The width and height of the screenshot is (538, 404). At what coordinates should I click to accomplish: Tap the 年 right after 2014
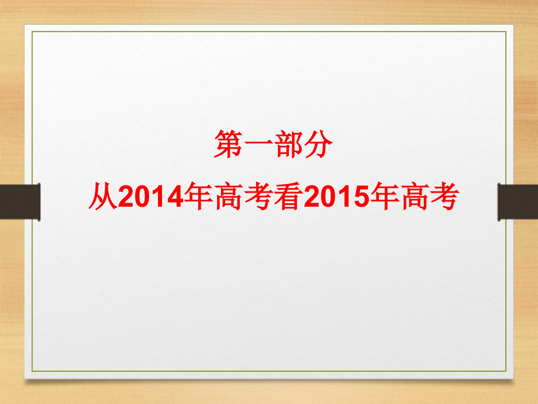[x=197, y=197]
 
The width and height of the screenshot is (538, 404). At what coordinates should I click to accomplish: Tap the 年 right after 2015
[x=382, y=197]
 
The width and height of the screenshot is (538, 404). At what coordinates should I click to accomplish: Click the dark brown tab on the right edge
[x=518, y=202]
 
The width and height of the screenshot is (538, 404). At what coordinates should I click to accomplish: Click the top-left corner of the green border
[x=32, y=32]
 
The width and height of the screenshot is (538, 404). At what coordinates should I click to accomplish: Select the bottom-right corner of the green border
[x=506, y=371]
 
